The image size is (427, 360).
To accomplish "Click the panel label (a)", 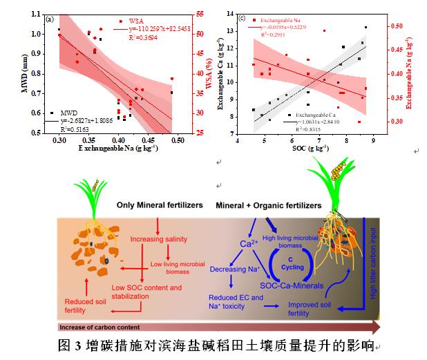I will pos(49,19).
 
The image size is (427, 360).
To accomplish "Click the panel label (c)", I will pos(243,17).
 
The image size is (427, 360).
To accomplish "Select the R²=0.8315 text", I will pos(307,129).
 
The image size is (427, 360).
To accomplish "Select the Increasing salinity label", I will pos(159,239).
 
